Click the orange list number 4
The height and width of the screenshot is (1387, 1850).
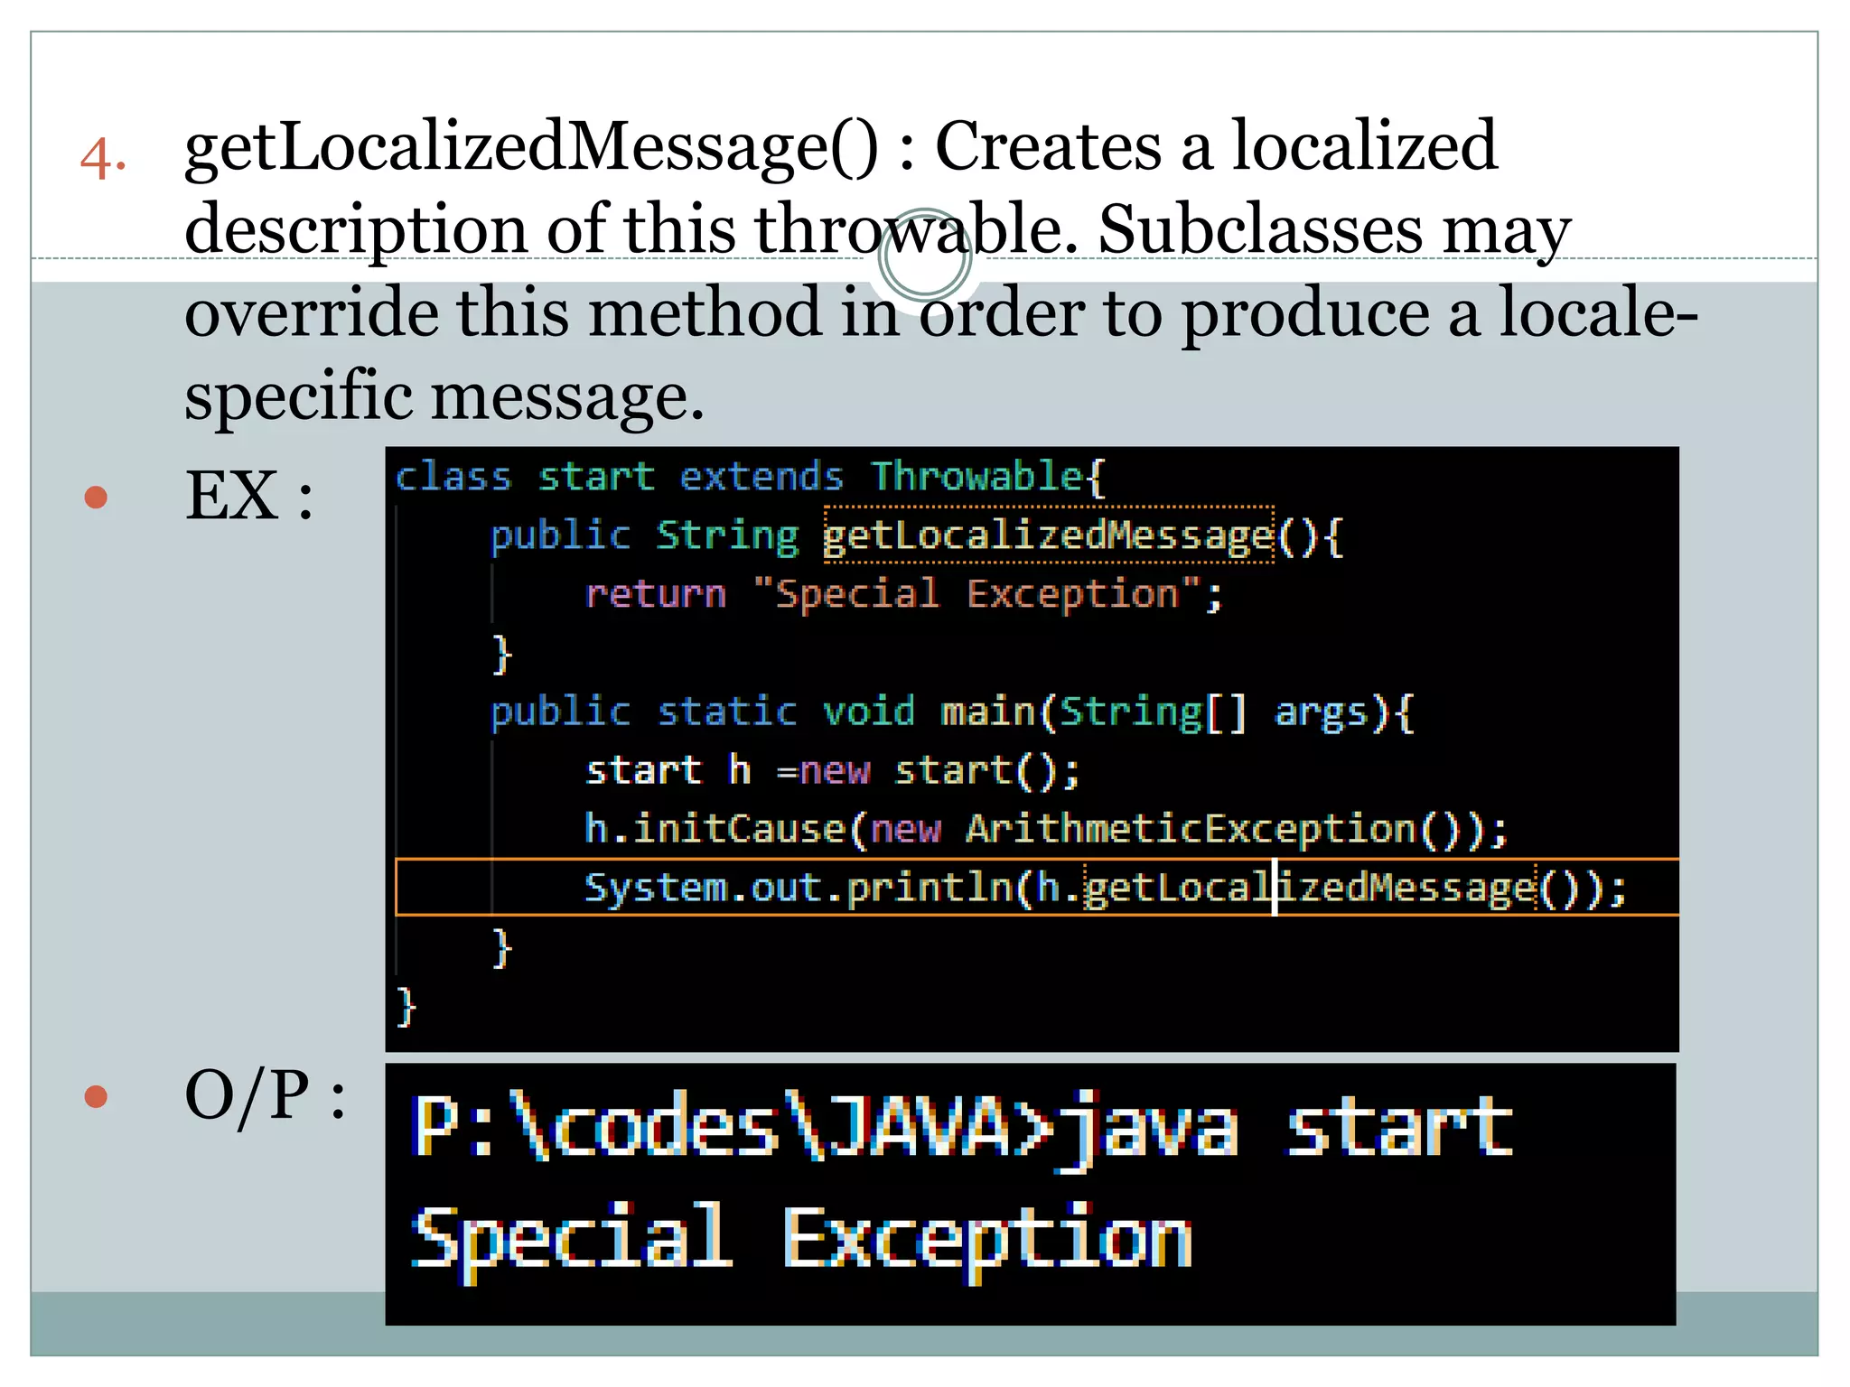[x=102, y=160]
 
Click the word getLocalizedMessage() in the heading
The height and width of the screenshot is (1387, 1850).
[x=530, y=148]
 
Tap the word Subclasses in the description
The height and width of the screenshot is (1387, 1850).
[x=1259, y=229]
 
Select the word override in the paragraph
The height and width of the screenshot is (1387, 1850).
[x=310, y=312]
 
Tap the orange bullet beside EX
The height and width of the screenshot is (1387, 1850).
[x=96, y=498]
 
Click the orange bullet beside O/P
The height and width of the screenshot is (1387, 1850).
[x=96, y=1096]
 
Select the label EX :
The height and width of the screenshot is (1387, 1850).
[x=248, y=497]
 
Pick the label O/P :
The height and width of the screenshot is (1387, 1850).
[x=264, y=1096]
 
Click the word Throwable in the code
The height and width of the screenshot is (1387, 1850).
[x=976, y=476]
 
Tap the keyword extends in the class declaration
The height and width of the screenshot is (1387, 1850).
[x=761, y=476]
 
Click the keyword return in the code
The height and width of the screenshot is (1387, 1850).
[x=655, y=594]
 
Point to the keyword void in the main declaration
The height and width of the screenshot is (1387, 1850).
[x=868, y=712]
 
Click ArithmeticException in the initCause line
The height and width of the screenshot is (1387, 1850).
[x=1191, y=829]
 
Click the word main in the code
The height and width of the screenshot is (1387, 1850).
[x=987, y=712]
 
